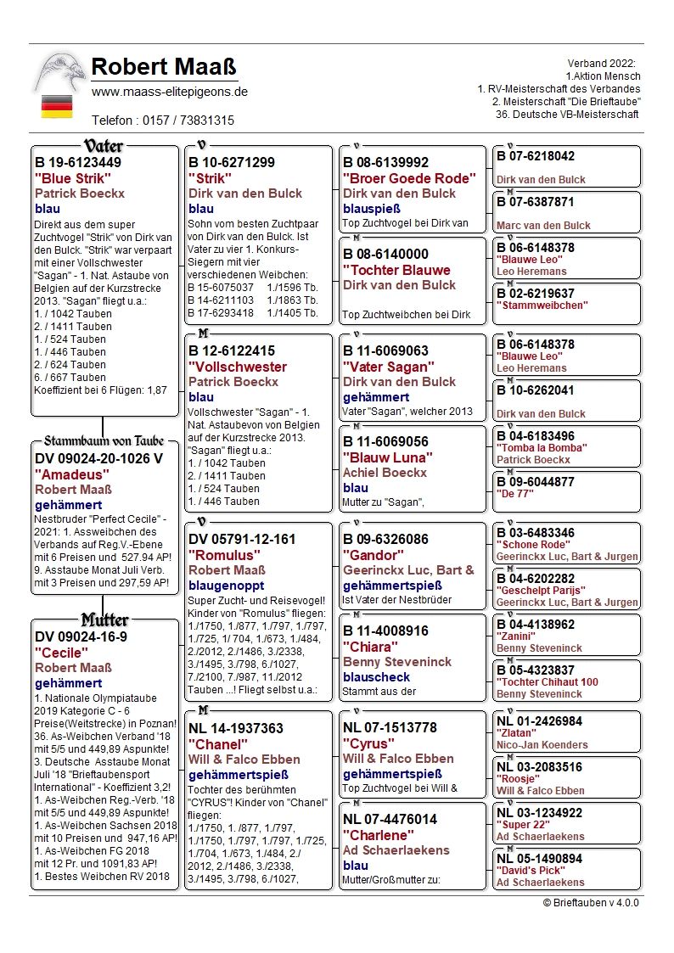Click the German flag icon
point(57,106)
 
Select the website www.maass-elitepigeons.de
point(170,92)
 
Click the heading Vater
point(104,145)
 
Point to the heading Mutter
point(104,619)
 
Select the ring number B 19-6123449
point(78,162)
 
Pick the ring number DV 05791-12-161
point(243,539)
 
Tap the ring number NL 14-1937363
point(236,728)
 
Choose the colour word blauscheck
point(376,677)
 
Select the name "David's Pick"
point(527,871)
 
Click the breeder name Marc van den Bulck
point(543,226)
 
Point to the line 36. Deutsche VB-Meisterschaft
point(569,115)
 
